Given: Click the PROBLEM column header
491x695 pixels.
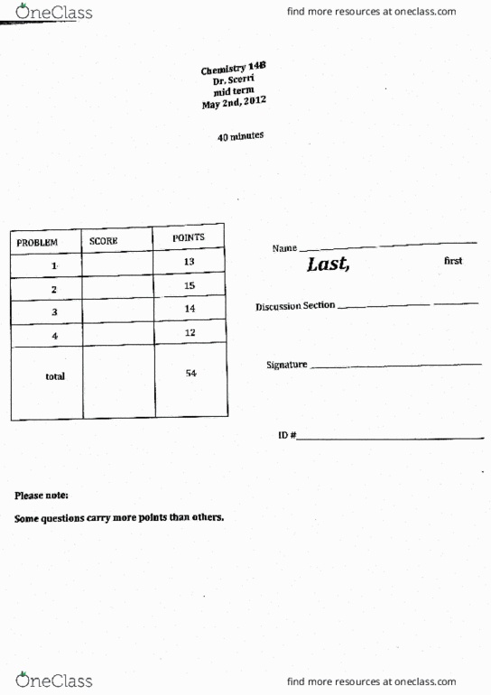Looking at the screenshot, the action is [37, 243].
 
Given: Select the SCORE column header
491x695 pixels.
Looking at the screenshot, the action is [104, 241].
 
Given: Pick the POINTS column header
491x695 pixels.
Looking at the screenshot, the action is [189, 238].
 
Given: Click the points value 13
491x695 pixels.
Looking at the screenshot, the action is [190, 262].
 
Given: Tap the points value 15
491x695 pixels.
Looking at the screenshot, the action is [190, 285].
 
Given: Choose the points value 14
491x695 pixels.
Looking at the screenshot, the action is [190, 309].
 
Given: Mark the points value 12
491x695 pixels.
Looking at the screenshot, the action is [190, 333].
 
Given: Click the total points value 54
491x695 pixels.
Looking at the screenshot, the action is [190, 374].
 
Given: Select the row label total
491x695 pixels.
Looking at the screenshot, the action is [54, 376].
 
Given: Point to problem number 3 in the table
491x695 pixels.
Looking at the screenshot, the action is [54, 312].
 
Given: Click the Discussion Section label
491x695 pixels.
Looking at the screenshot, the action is [295, 306].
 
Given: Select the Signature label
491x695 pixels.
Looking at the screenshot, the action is [287, 366].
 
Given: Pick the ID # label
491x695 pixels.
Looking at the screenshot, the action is [287, 435].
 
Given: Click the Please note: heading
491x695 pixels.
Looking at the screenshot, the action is [42, 496].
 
